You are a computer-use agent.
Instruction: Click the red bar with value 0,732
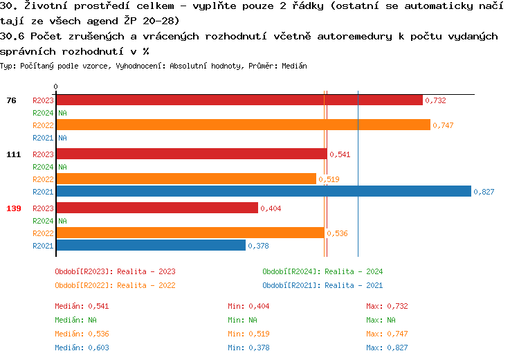click(x=239, y=100)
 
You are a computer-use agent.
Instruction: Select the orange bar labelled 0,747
click(x=243, y=125)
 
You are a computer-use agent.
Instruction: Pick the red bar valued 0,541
click(x=191, y=154)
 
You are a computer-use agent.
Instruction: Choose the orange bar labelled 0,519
click(x=185, y=179)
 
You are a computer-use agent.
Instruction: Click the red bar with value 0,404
click(x=156, y=208)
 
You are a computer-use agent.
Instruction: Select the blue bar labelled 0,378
click(x=150, y=246)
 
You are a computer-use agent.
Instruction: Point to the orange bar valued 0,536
click(x=190, y=233)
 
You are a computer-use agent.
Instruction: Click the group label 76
click(x=11, y=100)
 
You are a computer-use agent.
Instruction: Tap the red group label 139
click(x=13, y=208)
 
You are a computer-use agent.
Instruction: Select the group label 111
click(x=13, y=154)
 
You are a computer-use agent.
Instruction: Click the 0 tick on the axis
click(x=56, y=87)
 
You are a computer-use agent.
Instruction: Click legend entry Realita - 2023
click(x=115, y=272)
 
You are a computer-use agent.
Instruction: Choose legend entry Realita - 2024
click(x=322, y=272)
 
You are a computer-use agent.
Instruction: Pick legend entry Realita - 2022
click(x=115, y=285)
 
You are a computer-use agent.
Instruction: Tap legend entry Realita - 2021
click(x=322, y=285)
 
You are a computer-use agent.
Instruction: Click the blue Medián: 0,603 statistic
click(x=82, y=348)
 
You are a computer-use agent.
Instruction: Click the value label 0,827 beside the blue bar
click(x=484, y=192)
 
